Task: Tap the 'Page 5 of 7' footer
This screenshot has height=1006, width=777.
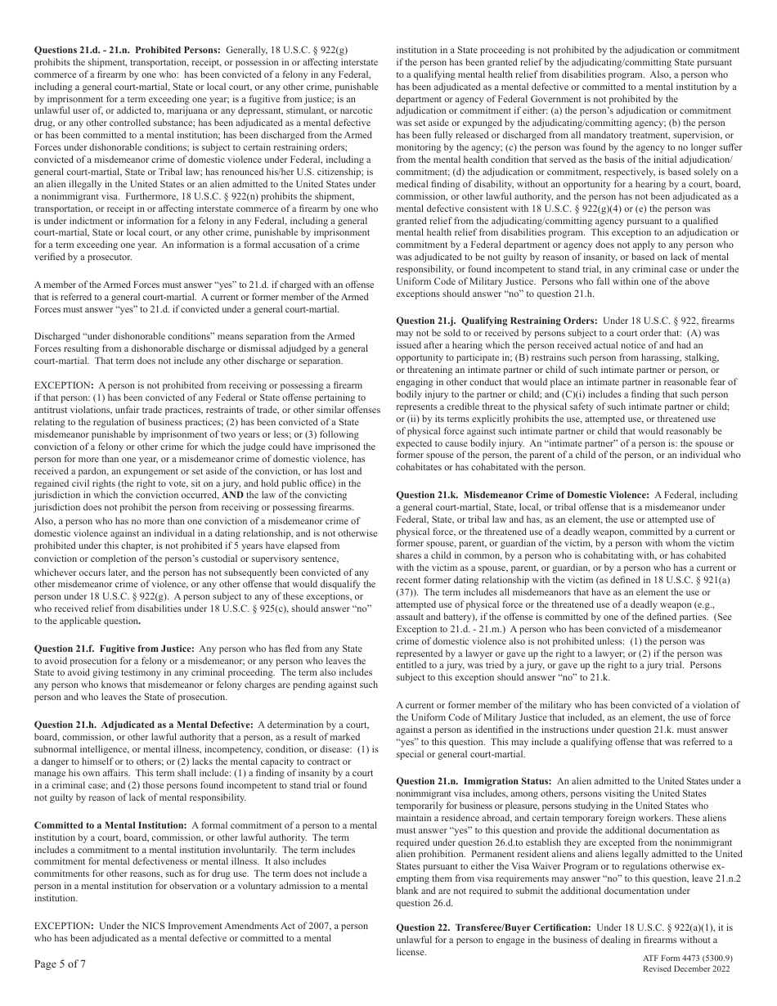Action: (x=60, y=964)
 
